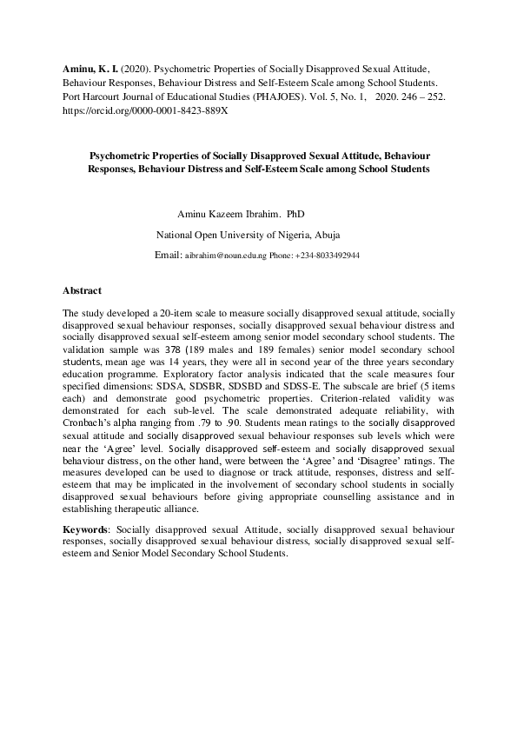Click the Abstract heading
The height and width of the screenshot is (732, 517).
pos(83,289)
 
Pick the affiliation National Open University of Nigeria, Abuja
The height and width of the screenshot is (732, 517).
pos(248,235)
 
